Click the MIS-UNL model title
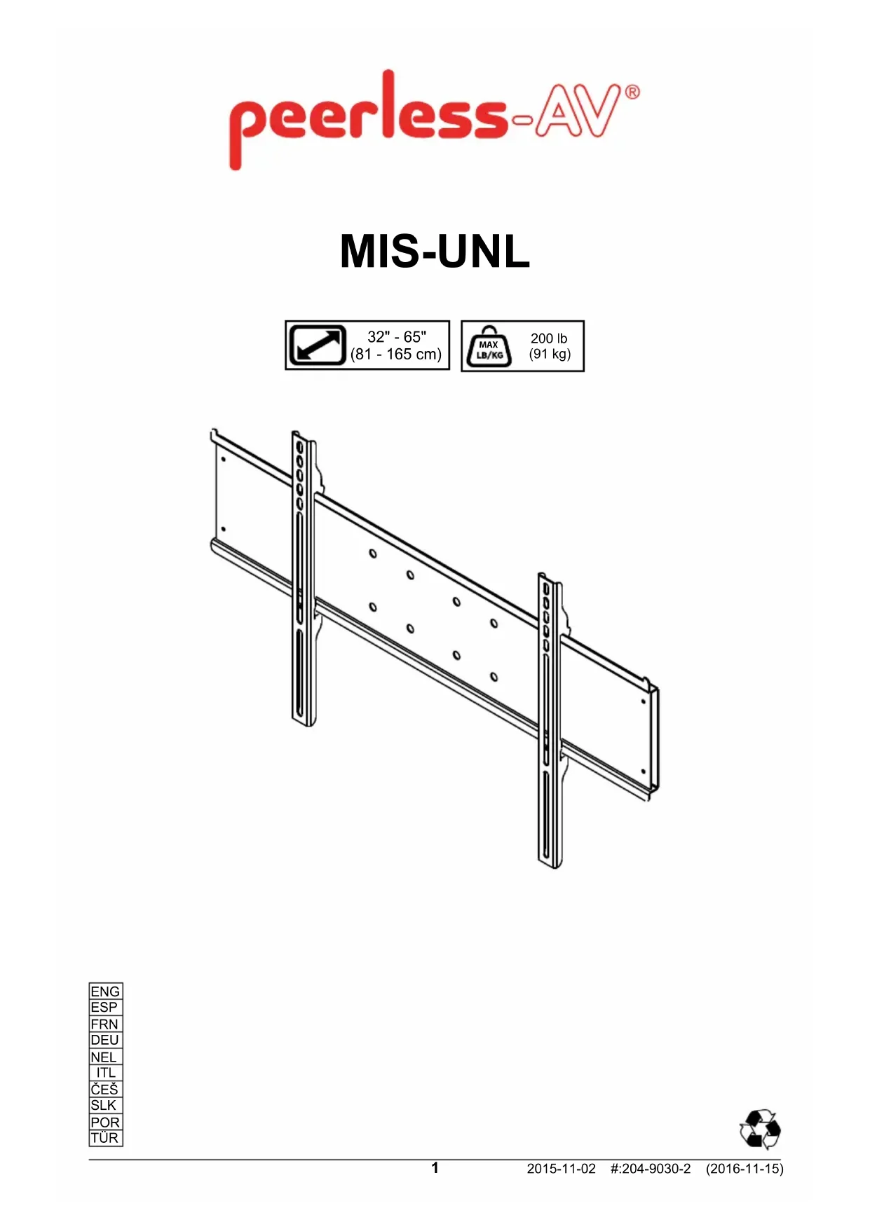[x=435, y=252]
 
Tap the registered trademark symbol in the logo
[x=632, y=92]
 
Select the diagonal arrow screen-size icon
[x=318, y=345]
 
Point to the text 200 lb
[x=549, y=338]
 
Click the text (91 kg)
[x=550, y=354]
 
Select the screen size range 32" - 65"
[x=397, y=337]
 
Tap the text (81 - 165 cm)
[x=396, y=355]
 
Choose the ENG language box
[x=105, y=991]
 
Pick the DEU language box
[x=105, y=1040]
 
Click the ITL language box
[x=106, y=1073]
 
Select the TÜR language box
[x=105, y=1138]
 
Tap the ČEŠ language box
[x=105, y=1089]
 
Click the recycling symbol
[x=760, y=1128]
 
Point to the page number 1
[x=435, y=1167]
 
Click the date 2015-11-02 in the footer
[x=561, y=1169]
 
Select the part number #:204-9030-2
[x=651, y=1169]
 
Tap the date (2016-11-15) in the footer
[x=745, y=1169]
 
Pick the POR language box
[x=105, y=1122]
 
